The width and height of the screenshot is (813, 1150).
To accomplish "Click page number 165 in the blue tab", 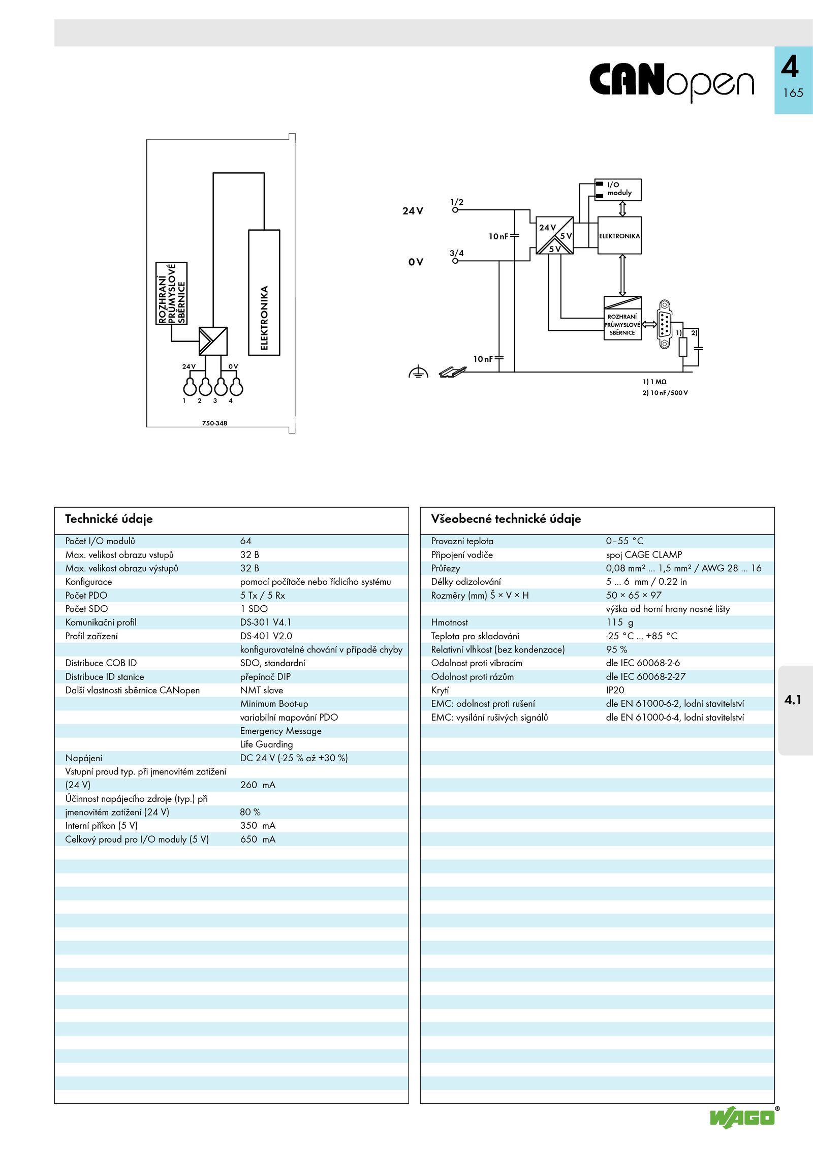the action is pyautogui.click(x=793, y=93).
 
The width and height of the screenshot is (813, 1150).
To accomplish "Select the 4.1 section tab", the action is pyautogui.click(x=793, y=700).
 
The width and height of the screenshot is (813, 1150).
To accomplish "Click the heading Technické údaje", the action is pyautogui.click(x=109, y=519).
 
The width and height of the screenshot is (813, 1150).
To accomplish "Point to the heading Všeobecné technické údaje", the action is pyautogui.click(x=506, y=519).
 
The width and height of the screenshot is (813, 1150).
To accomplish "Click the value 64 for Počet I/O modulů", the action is pyautogui.click(x=246, y=541).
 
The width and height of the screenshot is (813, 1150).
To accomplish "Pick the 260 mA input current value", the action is pyautogui.click(x=258, y=785).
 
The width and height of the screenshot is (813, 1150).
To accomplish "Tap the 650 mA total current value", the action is pyautogui.click(x=258, y=840).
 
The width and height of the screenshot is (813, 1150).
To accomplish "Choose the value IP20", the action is pyautogui.click(x=615, y=690).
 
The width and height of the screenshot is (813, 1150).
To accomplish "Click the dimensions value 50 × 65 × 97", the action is pyautogui.click(x=634, y=596).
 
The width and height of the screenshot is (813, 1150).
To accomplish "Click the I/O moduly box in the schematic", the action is pyautogui.click(x=618, y=190).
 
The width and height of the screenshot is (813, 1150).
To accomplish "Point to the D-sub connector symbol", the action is pyautogui.click(x=665, y=324).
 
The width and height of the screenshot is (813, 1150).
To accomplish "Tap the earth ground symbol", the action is pyautogui.click(x=418, y=372).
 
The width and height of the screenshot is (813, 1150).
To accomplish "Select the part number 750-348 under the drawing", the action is pyautogui.click(x=214, y=423).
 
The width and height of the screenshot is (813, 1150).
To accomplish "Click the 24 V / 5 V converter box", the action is pyautogui.click(x=555, y=235).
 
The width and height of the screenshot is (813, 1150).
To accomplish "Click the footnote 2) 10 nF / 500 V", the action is pyautogui.click(x=665, y=393).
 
